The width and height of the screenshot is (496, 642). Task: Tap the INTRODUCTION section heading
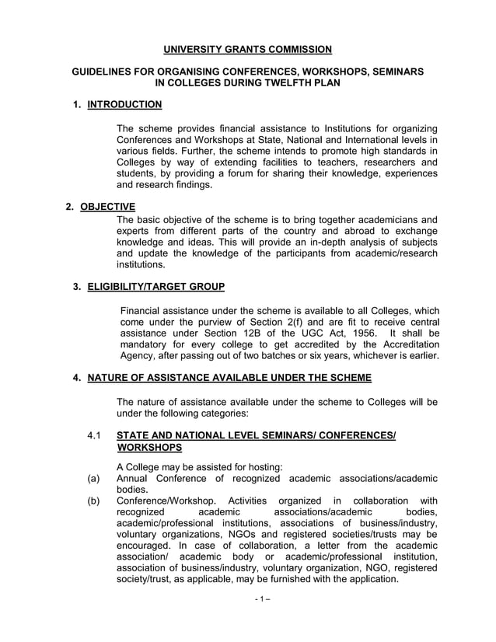tap(124, 104)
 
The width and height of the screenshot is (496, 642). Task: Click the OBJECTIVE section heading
tap(107, 206)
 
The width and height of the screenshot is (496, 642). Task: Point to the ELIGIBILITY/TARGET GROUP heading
tap(155, 288)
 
